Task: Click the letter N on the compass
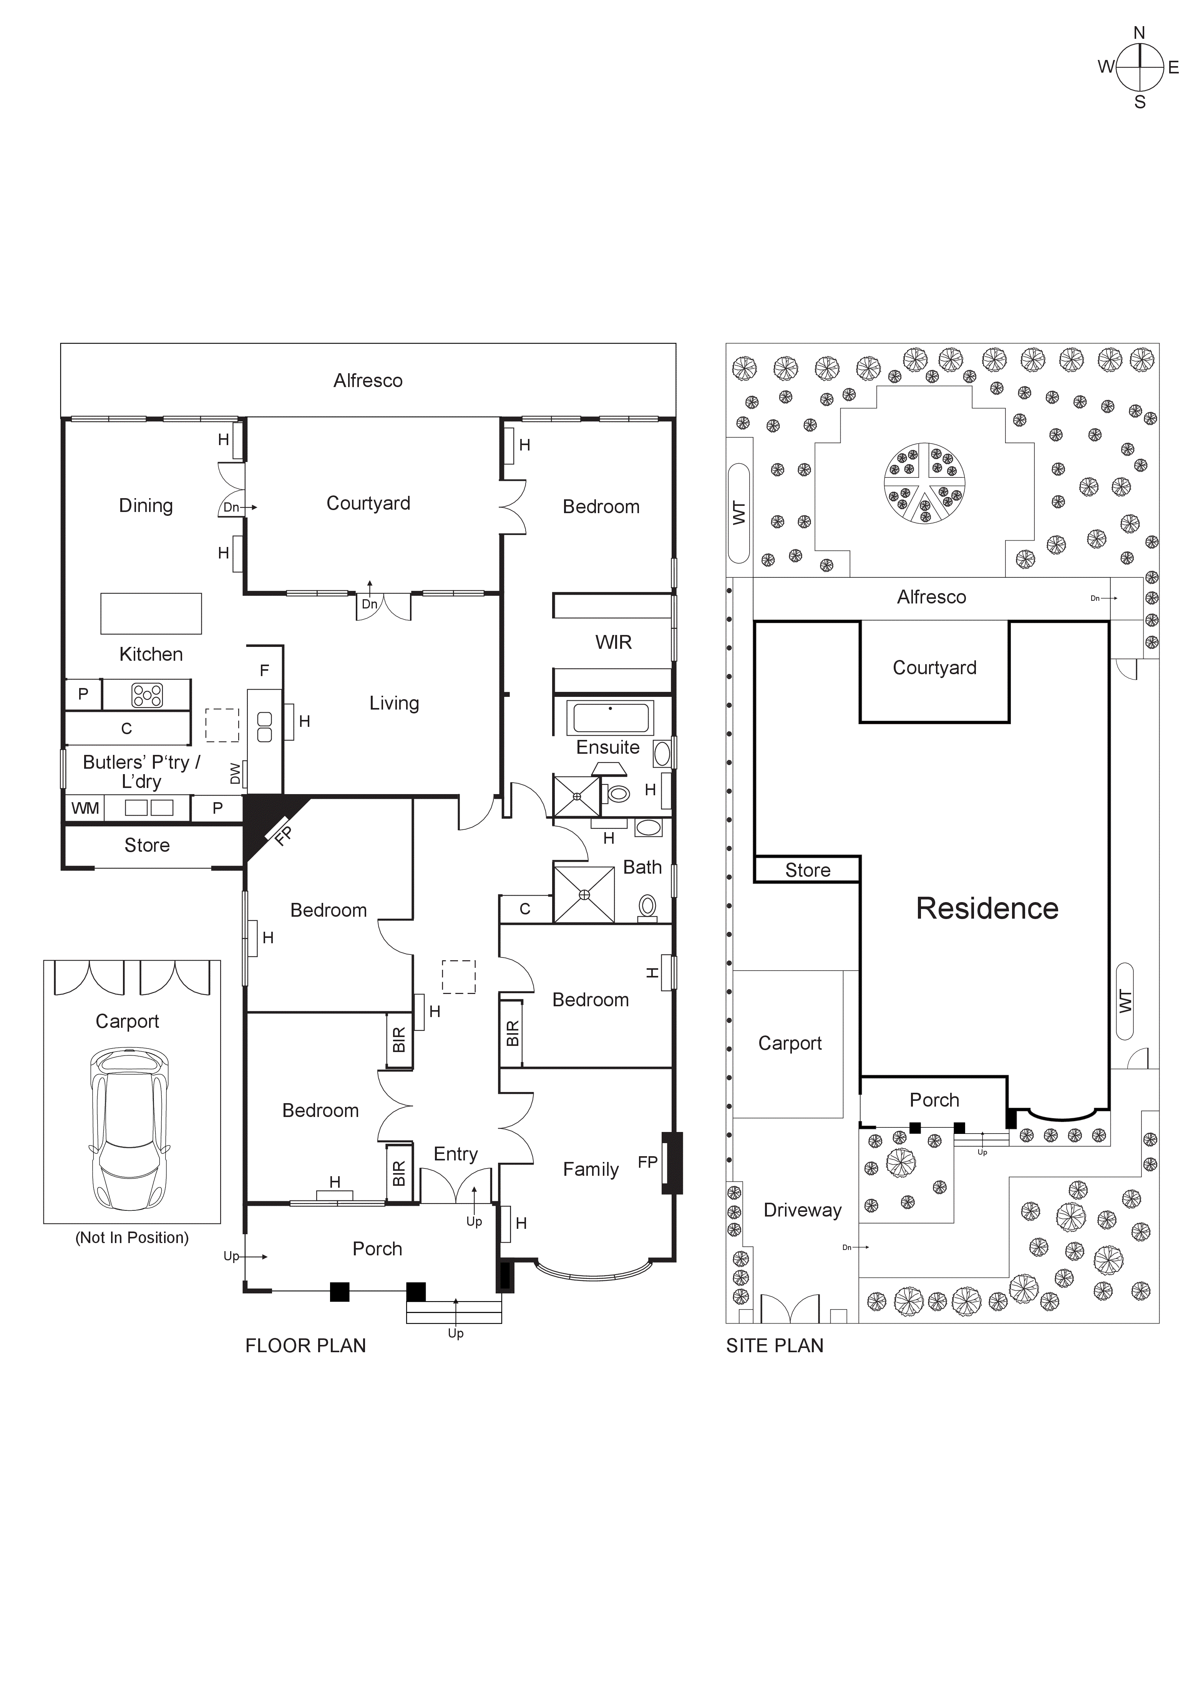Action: coord(1139,33)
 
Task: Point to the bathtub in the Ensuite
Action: coord(610,718)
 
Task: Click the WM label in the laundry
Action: coord(85,808)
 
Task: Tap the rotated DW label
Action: coord(236,773)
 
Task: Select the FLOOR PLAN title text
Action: coord(305,1345)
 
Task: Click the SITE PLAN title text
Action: coord(775,1345)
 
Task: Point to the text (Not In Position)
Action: coord(132,1237)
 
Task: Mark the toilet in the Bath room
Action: coord(647,908)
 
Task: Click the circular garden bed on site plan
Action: coord(924,483)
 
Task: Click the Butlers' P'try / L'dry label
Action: coord(141,771)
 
